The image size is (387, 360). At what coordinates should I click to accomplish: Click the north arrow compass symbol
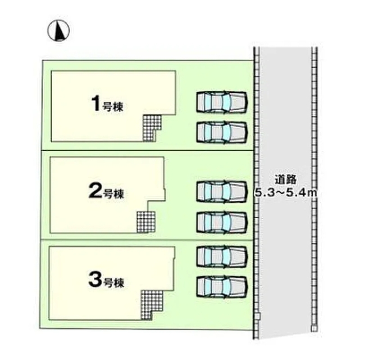point(59,31)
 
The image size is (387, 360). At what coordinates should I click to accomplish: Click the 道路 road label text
point(286,180)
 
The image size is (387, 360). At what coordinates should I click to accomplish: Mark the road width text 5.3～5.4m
point(286,193)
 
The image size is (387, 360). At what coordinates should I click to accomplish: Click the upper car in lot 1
point(222,102)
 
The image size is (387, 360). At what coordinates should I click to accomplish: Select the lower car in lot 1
point(222,132)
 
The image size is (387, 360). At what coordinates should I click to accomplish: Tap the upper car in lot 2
point(222,192)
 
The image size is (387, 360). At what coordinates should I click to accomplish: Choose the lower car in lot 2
point(222,222)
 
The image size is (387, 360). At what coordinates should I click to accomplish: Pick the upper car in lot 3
point(222,256)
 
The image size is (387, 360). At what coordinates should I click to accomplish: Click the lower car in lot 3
point(222,287)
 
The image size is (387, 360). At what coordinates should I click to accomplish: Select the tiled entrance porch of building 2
point(146,222)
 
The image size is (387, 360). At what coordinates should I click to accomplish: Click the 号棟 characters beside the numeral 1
point(112,107)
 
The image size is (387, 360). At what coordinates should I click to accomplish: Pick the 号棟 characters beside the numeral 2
point(113,194)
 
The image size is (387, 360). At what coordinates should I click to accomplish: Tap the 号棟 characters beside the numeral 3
point(113,283)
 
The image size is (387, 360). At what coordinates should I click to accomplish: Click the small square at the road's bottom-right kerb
point(314,328)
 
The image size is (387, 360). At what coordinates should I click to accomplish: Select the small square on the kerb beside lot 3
point(257,316)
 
